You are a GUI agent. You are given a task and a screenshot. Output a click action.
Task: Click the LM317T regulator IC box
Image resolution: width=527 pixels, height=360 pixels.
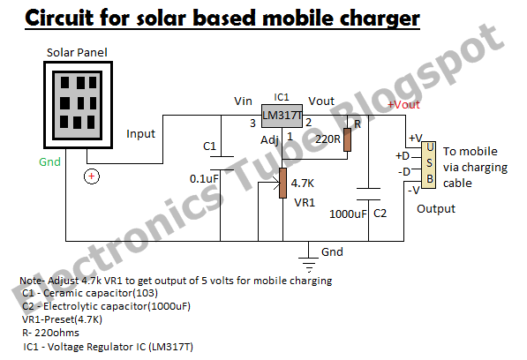[x=282, y=116]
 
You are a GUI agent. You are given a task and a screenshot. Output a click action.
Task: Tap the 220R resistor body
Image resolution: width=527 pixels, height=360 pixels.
[x=348, y=139]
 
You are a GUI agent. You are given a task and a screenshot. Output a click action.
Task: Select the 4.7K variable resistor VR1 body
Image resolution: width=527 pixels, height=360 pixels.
[x=283, y=183]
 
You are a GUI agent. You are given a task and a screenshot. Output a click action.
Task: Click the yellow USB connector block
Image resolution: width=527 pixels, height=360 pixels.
[x=428, y=165]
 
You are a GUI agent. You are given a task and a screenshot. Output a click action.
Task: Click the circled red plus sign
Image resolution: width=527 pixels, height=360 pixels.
[x=92, y=176]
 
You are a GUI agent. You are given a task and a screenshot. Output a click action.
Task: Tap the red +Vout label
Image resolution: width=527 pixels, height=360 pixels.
[x=403, y=105]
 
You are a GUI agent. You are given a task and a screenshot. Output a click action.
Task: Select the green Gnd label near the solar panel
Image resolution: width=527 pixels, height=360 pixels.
[x=49, y=161]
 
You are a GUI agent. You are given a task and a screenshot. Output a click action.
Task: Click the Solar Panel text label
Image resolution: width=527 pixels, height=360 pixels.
[x=77, y=53]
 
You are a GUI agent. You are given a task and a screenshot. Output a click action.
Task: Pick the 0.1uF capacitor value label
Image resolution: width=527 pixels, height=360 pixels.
[x=204, y=178]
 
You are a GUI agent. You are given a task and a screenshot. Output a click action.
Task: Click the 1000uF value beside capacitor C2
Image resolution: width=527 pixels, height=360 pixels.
[x=348, y=214]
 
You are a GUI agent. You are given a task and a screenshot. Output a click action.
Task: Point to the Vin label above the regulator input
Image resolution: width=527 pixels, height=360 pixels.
[x=243, y=101]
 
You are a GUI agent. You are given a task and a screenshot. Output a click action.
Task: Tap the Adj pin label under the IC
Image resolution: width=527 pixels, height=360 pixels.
[x=269, y=139]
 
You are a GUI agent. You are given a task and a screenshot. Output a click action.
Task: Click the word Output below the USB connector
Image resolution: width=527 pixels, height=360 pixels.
[x=436, y=209]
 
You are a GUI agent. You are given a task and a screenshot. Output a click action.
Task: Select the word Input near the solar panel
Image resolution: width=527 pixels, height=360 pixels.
[x=140, y=134]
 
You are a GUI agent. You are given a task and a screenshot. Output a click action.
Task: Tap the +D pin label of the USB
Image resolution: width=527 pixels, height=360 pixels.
[x=403, y=156]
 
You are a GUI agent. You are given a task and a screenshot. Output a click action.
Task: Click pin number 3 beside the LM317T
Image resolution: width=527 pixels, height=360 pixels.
[x=252, y=124]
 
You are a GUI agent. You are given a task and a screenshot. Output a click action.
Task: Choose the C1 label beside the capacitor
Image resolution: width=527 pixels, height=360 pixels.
[x=209, y=146]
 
